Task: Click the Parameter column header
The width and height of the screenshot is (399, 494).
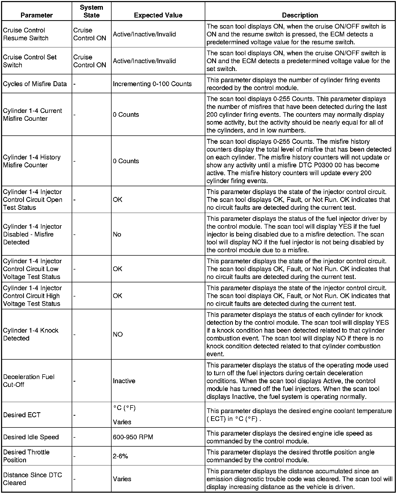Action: (36, 15)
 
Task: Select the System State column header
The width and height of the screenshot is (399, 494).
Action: (91, 11)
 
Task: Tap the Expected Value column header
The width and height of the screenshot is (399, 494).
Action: (158, 15)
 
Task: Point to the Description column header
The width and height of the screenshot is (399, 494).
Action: (300, 15)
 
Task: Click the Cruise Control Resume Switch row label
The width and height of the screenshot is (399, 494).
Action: (26, 34)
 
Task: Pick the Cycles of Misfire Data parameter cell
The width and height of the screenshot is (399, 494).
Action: (35, 84)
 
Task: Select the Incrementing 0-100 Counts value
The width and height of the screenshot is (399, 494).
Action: (152, 84)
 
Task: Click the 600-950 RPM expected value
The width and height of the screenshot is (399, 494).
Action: (133, 437)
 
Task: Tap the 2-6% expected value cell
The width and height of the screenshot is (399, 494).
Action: (120, 456)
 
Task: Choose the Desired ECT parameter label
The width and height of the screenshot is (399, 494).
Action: (22, 415)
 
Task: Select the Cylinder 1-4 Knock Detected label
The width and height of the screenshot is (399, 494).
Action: (31, 334)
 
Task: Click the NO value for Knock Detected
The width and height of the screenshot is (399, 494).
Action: (118, 334)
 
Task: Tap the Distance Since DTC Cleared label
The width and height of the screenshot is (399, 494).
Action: (33, 479)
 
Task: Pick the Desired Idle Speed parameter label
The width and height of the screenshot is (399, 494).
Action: (31, 437)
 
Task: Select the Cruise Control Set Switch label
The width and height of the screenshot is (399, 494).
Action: (30, 61)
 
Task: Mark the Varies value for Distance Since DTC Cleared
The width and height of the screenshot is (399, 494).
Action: (122, 479)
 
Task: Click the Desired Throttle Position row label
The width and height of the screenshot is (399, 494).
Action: (26, 456)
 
